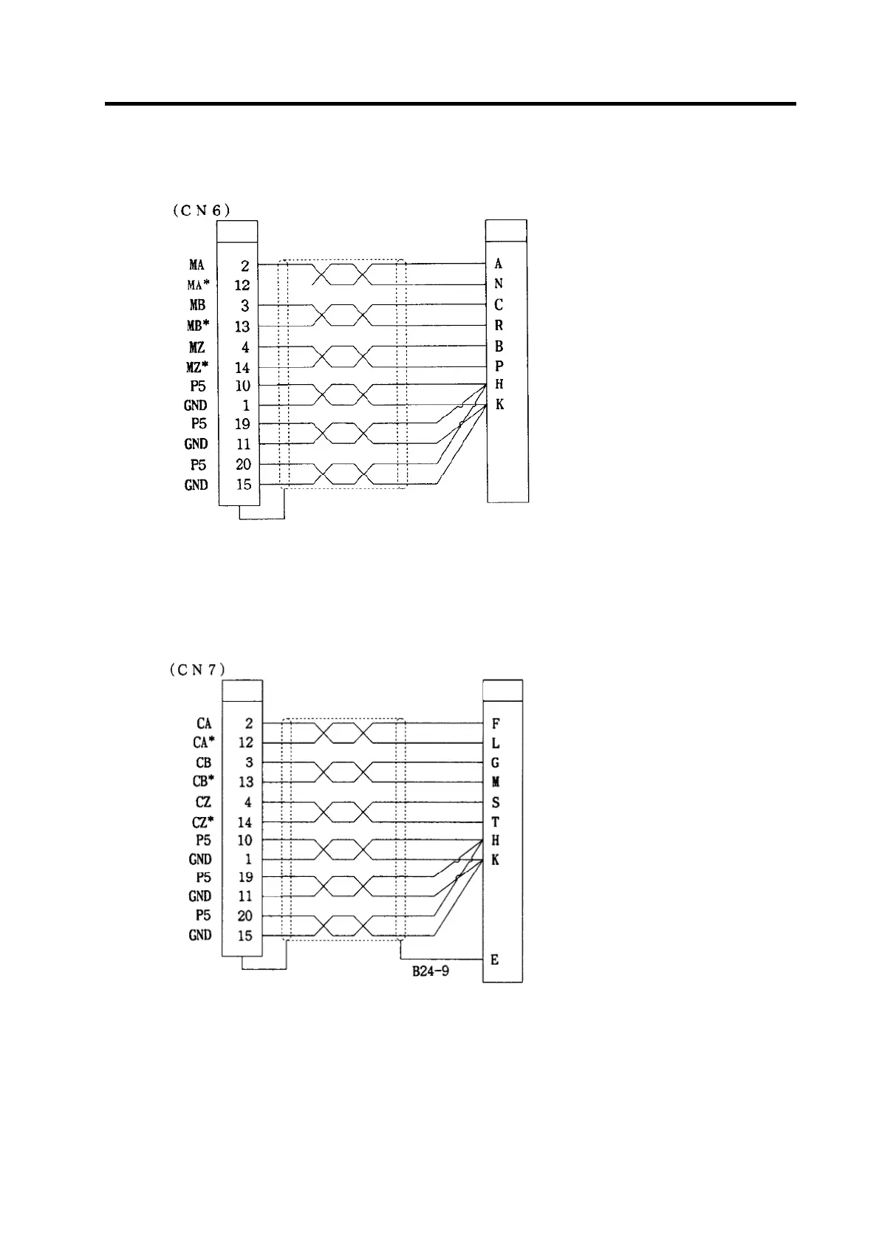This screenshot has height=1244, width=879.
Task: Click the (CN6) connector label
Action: (x=201, y=210)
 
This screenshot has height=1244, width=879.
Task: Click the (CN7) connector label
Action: (x=196, y=670)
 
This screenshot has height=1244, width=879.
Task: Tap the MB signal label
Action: (x=196, y=305)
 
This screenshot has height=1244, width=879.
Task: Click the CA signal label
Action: (x=204, y=724)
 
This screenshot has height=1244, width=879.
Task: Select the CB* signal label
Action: (x=204, y=782)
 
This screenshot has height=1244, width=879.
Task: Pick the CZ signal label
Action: (x=203, y=802)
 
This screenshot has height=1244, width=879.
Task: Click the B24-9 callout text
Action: (x=431, y=971)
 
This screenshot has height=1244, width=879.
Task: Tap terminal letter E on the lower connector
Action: (x=495, y=960)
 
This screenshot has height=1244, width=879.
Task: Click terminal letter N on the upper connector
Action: (x=499, y=284)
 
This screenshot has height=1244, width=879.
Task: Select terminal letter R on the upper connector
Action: (x=499, y=325)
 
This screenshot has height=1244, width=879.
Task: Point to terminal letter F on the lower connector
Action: (x=495, y=724)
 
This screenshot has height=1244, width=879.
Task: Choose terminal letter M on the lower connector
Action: (x=495, y=782)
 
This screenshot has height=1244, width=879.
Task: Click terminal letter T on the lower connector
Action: (x=495, y=821)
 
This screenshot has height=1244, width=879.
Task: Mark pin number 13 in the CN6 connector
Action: (x=242, y=327)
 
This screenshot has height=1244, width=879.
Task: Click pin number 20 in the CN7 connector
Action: (x=245, y=916)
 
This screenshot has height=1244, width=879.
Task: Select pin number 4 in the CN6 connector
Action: (x=245, y=347)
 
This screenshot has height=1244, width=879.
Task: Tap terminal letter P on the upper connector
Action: (x=499, y=366)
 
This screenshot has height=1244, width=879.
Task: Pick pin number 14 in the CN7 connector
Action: (x=245, y=822)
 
